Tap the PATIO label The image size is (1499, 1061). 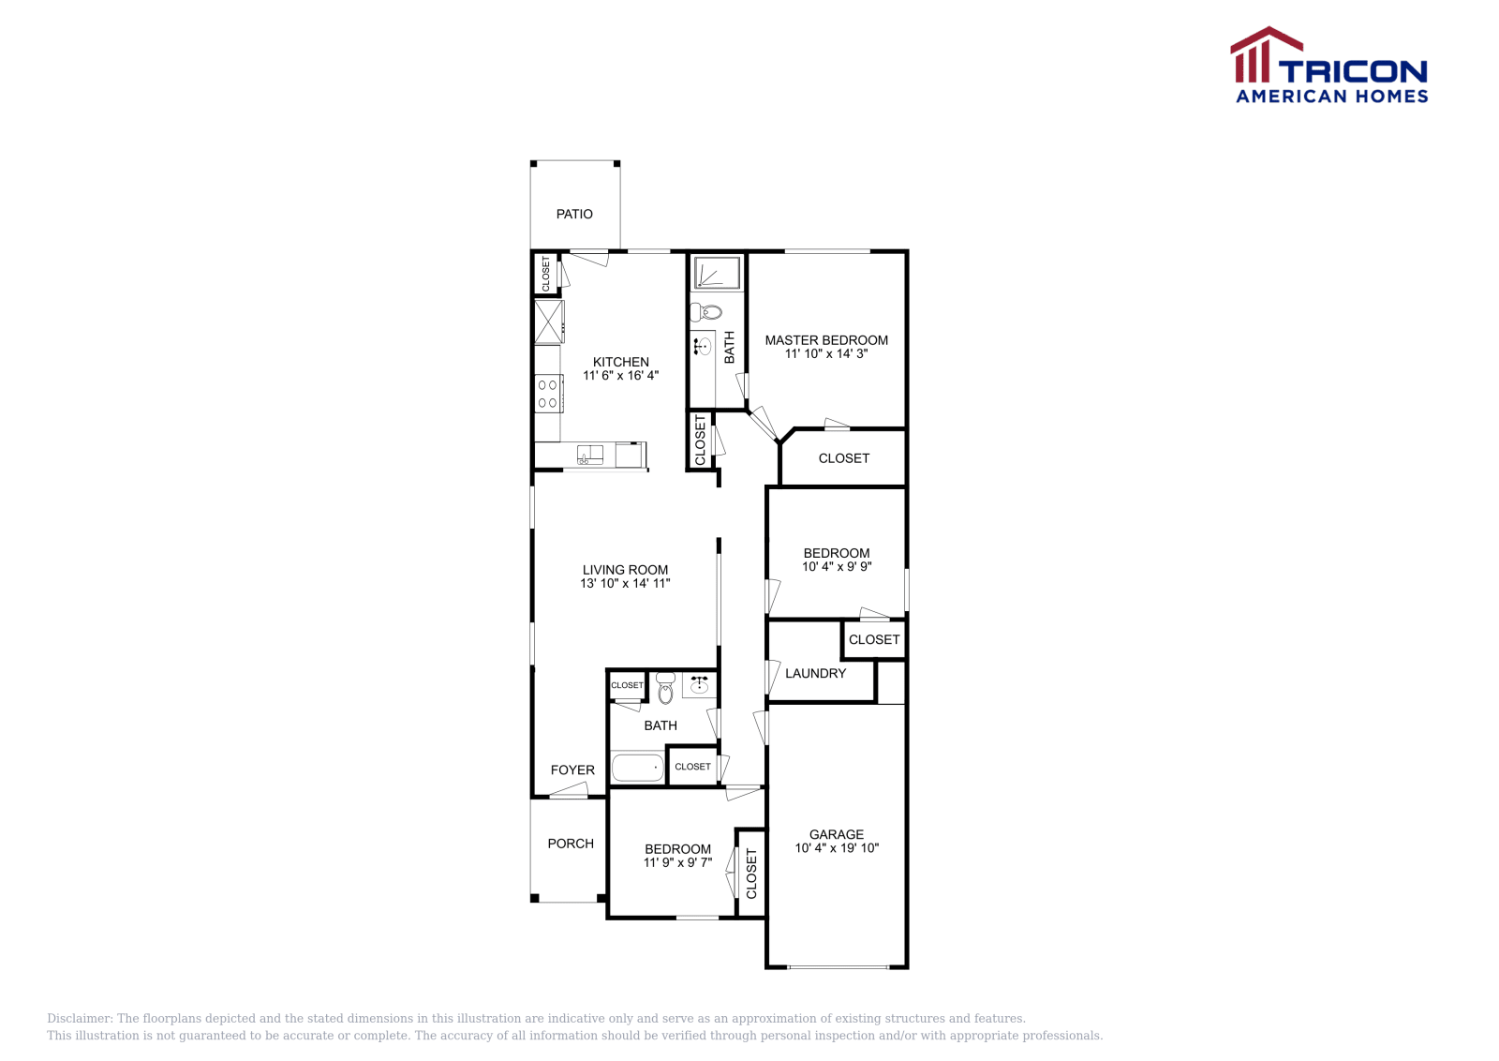[574, 214]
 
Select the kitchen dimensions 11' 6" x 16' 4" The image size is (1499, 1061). [620, 375]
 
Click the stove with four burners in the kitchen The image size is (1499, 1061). [548, 393]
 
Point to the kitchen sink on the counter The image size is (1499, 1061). [590, 456]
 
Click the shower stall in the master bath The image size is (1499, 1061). [717, 273]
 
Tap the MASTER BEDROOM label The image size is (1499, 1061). [826, 340]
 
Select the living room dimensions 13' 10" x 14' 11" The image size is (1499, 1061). [625, 583]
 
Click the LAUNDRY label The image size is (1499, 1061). [815, 673]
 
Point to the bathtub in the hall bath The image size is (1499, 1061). [637, 768]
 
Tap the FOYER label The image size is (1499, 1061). [572, 770]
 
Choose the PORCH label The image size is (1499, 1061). [571, 843]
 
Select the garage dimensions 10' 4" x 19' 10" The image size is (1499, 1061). [837, 848]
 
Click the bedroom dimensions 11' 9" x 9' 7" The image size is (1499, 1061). [677, 862]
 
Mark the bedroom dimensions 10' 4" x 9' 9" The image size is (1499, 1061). [837, 566]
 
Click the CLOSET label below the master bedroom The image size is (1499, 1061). [843, 458]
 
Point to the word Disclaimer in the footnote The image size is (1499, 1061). [80, 1018]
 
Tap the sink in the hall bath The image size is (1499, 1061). [699, 684]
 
